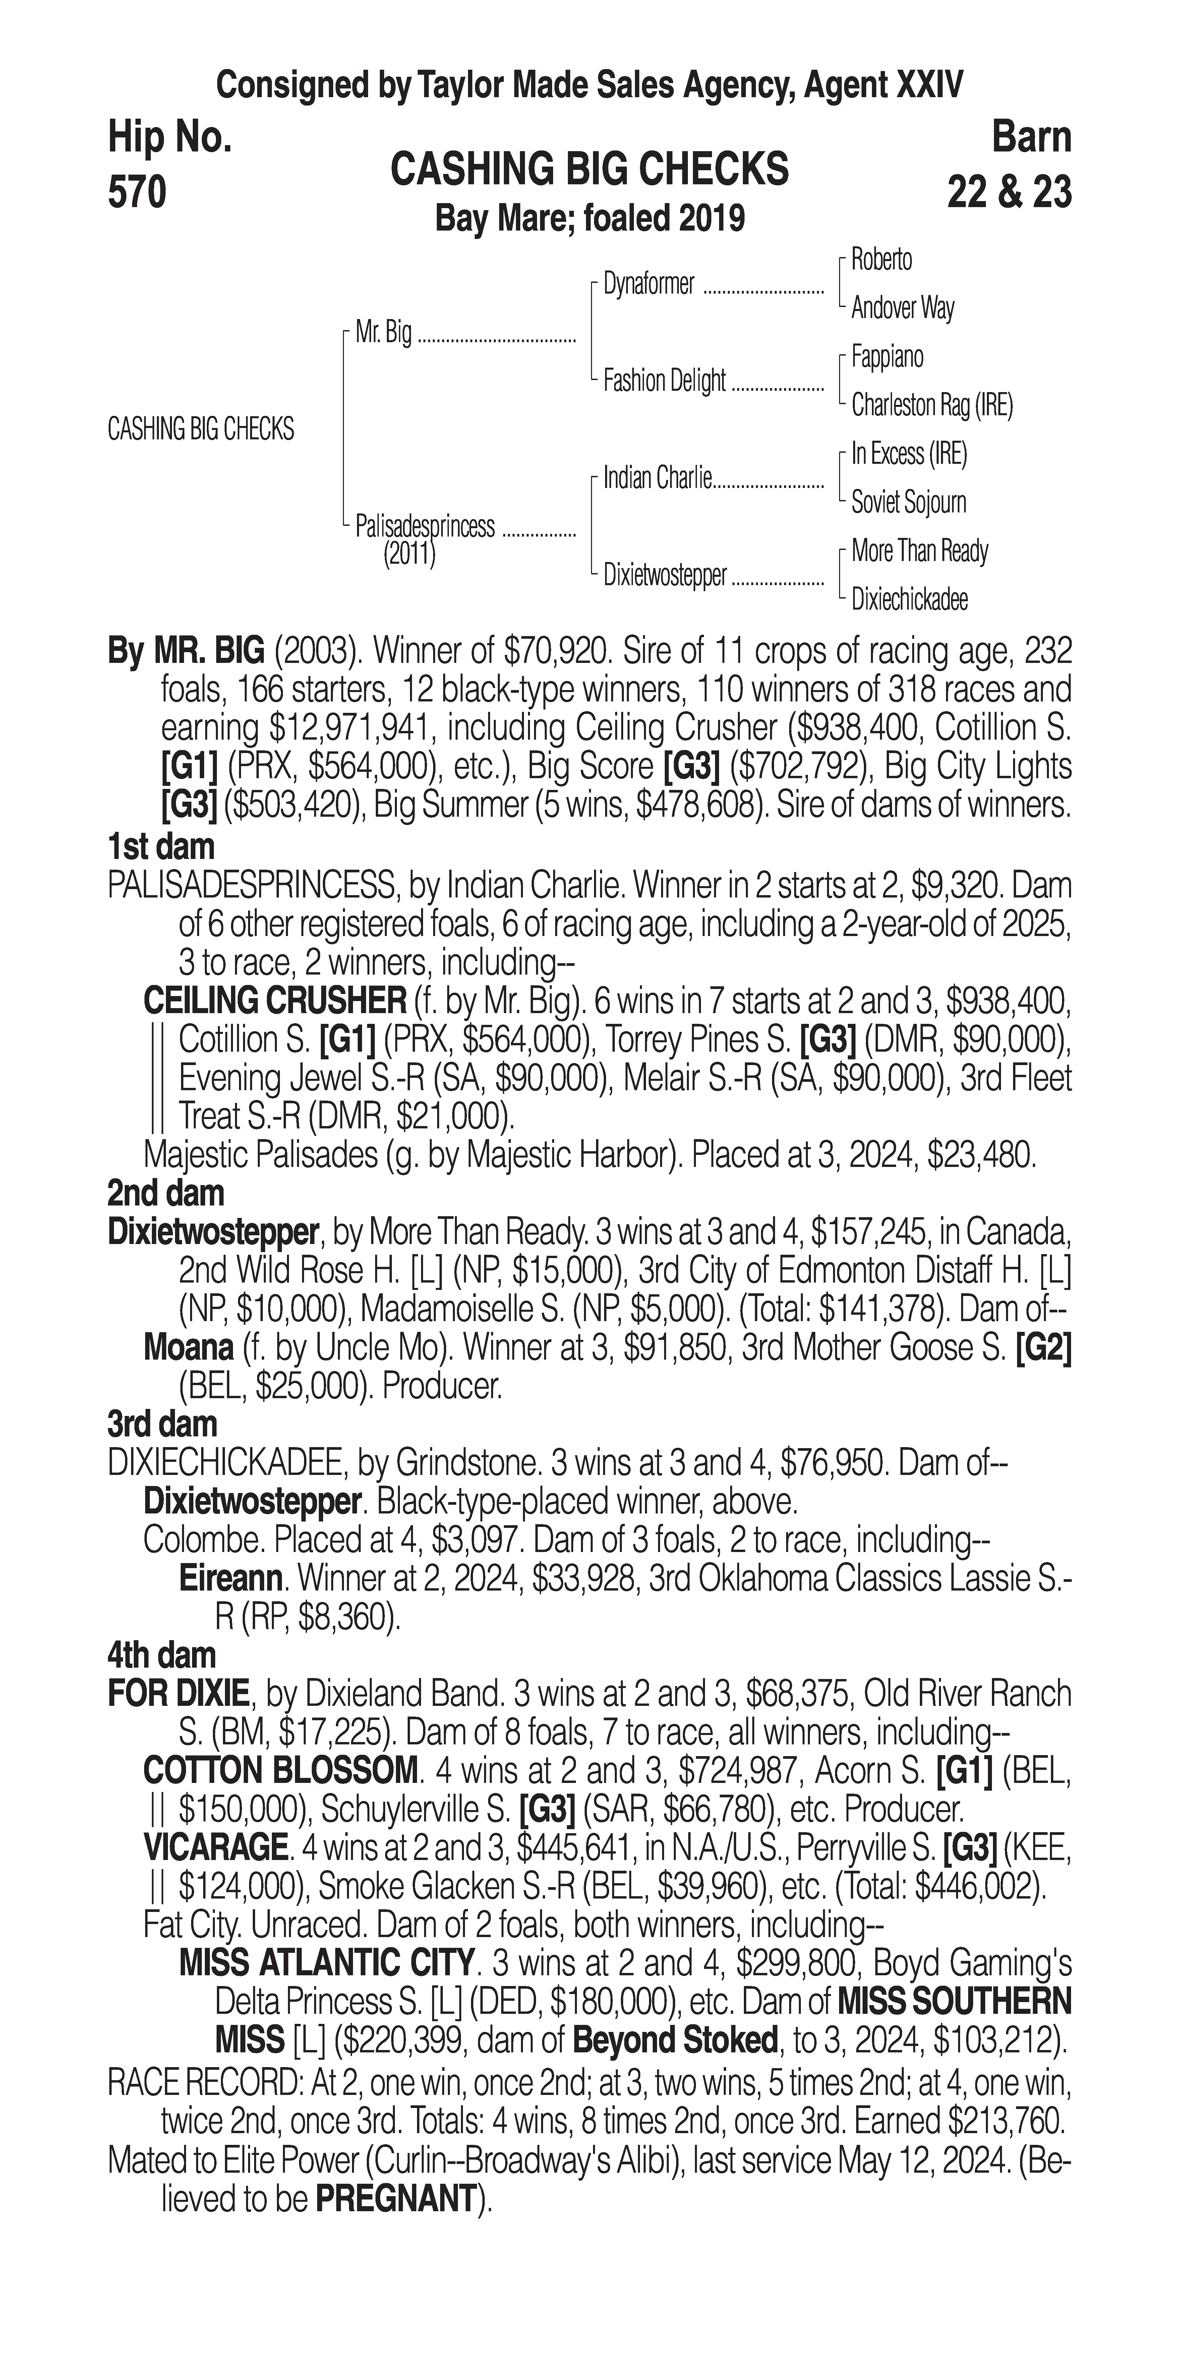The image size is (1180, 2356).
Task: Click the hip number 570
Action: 137,193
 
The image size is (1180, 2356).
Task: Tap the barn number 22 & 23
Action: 1009,193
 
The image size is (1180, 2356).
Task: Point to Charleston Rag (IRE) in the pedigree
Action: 931,405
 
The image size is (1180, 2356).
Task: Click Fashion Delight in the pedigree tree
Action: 664,380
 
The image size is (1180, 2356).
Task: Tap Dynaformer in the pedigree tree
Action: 649,284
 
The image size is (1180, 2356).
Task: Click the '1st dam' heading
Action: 161,847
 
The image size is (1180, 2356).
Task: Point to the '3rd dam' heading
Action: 163,1424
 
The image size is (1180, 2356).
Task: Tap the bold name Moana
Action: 188,1347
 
